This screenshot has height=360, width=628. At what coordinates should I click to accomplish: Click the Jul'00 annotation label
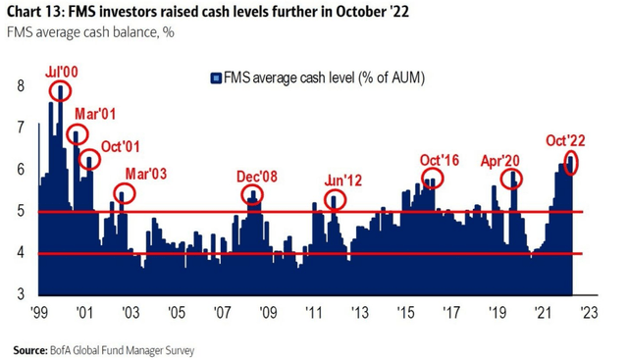(63, 72)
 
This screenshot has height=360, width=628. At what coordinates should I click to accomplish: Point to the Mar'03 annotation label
(144, 175)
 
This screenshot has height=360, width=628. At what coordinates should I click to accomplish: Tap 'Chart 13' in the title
(36, 14)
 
